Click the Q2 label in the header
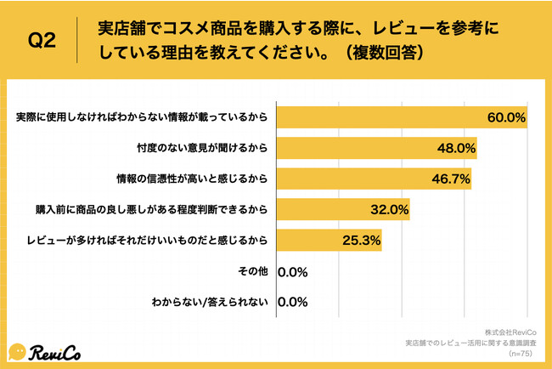[42, 41]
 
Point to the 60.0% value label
[506, 116]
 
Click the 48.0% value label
[455, 148]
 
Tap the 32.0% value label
[389, 209]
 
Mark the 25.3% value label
[360, 241]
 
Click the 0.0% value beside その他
[292, 272]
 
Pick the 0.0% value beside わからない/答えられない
[292, 302]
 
